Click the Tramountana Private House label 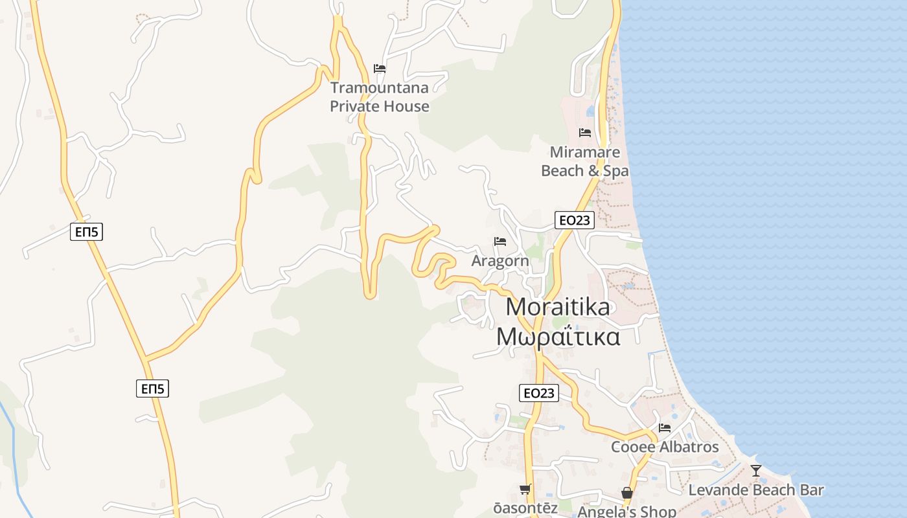pyautogui.click(x=380, y=96)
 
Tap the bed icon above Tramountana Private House pyautogui.click(x=380, y=68)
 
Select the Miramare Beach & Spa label pyautogui.click(x=584, y=161)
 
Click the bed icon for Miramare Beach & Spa pyautogui.click(x=585, y=133)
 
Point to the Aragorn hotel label pyautogui.click(x=500, y=261)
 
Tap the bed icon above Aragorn pyautogui.click(x=500, y=242)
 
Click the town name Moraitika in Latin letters pyautogui.click(x=558, y=306)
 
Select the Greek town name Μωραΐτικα pyautogui.click(x=558, y=337)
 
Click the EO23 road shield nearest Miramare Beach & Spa pyautogui.click(x=575, y=220)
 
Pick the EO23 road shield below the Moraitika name pyautogui.click(x=539, y=392)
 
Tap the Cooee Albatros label pyautogui.click(x=665, y=447)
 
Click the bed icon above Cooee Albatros pyautogui.click(x=665, y=427)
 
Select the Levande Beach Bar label pyautogui.click(x=755, y=490)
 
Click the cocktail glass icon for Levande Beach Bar pyautogui.click(x=755, y=471)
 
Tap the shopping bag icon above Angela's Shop pyautogui.click(x=627, y=493)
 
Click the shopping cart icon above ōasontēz pyautogui.click(x=525, y=489)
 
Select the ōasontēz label pyautogui.click(x=525, y=508)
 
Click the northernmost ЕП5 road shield pyautogui.click(x=87, y=232)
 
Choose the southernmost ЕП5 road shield pyautogui.click(x=153, y=388)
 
